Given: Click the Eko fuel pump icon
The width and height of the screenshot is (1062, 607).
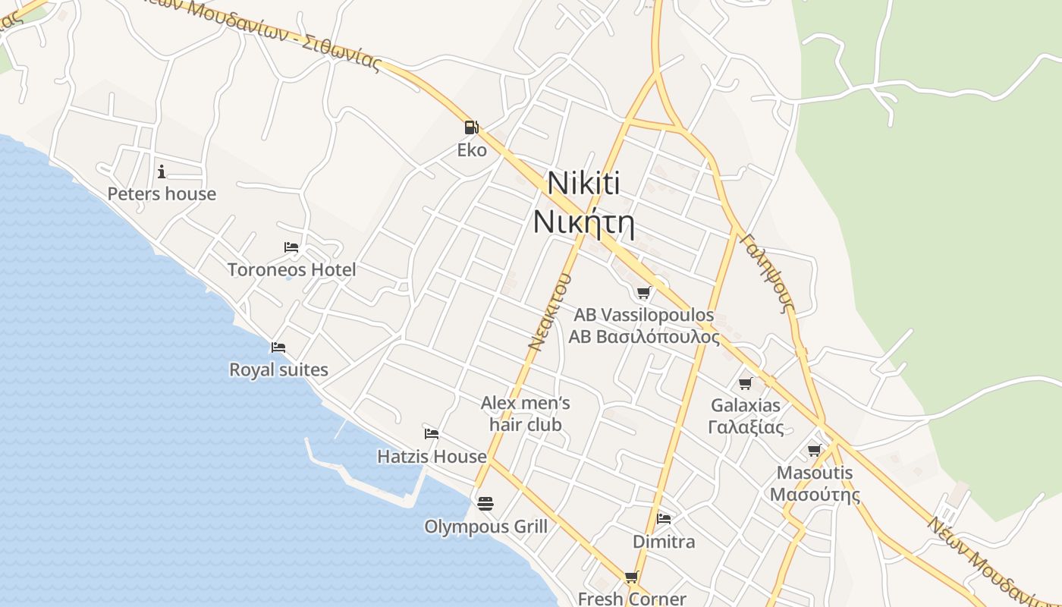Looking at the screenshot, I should [x=471, y=127].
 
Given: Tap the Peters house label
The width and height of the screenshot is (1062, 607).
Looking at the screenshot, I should [x=162, y=194].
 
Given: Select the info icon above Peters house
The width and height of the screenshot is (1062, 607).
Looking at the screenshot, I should [x=162, y=171].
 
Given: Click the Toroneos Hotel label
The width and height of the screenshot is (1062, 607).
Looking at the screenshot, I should [x=291, y=269].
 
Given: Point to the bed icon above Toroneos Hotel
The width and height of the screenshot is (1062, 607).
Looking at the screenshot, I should [x=291, y=247].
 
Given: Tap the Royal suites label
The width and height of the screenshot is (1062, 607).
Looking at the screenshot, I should [x=278, y=370].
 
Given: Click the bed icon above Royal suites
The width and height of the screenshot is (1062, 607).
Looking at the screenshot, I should [x=278, y=348].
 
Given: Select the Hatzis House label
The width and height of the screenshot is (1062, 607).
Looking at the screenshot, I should [x=432, y=456].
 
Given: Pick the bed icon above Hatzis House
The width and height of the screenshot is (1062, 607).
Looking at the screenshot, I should [x=432, y=434].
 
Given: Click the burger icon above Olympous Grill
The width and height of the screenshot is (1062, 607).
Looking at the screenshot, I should [x=485, y=503].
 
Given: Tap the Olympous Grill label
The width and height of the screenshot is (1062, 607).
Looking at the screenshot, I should [x=485, y=527].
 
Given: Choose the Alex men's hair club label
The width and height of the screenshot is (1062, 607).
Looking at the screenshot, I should [x=525, y=414].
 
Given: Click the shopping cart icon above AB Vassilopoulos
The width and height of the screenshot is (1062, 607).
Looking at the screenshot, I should [x=643, y=293].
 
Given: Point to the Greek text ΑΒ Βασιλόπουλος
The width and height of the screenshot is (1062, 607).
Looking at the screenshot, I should [x=643, y=336].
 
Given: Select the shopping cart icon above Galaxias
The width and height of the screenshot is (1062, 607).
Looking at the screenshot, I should [x=746, y=383].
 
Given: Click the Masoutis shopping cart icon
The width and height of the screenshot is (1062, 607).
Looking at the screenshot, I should [x=815, y=451].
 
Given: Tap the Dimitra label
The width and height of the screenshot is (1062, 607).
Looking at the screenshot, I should [x=664, y=542].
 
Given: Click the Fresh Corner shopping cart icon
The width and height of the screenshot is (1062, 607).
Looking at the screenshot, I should [x=632, y=577].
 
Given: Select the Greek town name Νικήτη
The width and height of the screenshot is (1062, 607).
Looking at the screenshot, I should [x=583, y=222].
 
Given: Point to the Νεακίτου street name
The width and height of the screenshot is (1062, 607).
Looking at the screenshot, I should [x=549, y=312].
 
